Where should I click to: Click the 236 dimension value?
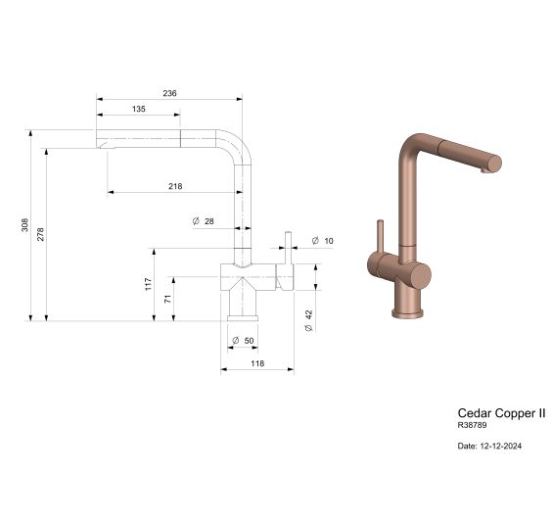tap(169, 93)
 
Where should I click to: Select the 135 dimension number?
tap(138, 110)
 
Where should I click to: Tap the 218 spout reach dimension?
tap(175, 186)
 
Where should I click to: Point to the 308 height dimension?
tap(27, 224)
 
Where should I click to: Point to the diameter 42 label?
tap(308, 318)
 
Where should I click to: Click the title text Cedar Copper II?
tap(501, 414)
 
